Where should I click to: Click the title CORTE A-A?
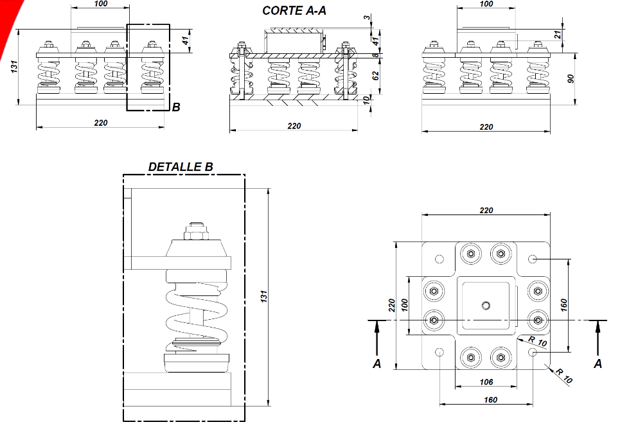[x=294, y=10]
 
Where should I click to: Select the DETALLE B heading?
[x=180, y=167]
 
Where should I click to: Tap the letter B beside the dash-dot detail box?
[x=176, y=107]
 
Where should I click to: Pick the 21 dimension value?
[x=558, y=35]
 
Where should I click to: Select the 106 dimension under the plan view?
[x=486, y=382]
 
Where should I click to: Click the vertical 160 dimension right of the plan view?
[x=563, y=305]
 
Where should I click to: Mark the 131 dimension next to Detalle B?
[x=263, y=297]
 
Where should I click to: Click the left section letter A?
[x=377, y=364]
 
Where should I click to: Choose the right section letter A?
[x=598, y=364]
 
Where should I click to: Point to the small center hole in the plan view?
[x=486, y=304]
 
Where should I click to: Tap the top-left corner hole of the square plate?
[x=439, y=259]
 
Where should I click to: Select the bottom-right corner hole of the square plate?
[x=533, y=353]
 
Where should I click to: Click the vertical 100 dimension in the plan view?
[x=405, y=305]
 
